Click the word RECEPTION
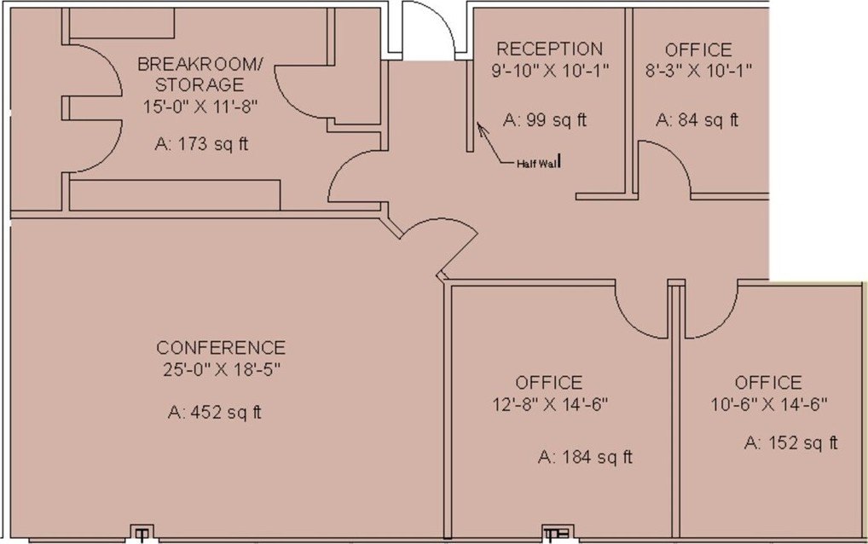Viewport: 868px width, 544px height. pos(549,49)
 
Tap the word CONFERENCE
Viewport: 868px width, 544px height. pos(221,348)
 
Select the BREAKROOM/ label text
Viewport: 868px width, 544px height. pos(200,64)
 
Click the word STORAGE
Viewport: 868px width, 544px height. pos(200,84)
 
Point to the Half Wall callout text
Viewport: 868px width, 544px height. pos(537,164)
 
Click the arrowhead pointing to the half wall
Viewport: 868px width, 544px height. pos(480,128)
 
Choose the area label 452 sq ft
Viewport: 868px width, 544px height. pos(214,413)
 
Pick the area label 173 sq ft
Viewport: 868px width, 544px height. pos(201,144)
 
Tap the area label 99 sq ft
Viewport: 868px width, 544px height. pos(545,120)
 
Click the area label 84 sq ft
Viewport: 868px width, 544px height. pos(697,120)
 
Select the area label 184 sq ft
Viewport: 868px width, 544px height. pos(585,457)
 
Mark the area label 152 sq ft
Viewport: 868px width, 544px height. pos(790,443)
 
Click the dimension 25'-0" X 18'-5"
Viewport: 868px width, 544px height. pos(222,369)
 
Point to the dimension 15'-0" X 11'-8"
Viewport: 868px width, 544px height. pos(201,106)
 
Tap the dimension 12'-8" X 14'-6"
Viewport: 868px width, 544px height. pos(550,404)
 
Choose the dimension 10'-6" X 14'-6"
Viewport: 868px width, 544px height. pos(769,404)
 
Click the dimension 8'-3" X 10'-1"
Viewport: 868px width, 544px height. pos(698,71)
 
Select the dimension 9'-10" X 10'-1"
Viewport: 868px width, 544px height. pos(550,71)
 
